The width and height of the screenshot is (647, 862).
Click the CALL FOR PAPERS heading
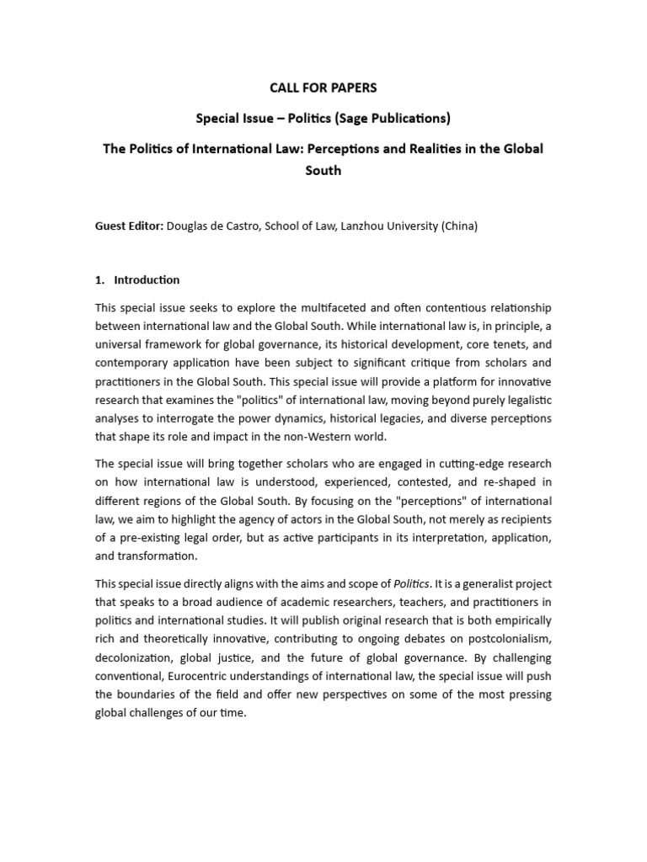[323, 88]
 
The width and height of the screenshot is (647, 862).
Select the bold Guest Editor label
[129, 226]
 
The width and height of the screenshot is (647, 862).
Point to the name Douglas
[190, 226]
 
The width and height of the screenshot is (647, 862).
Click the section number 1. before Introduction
[100, 279]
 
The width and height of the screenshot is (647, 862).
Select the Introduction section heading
[147, 279]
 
